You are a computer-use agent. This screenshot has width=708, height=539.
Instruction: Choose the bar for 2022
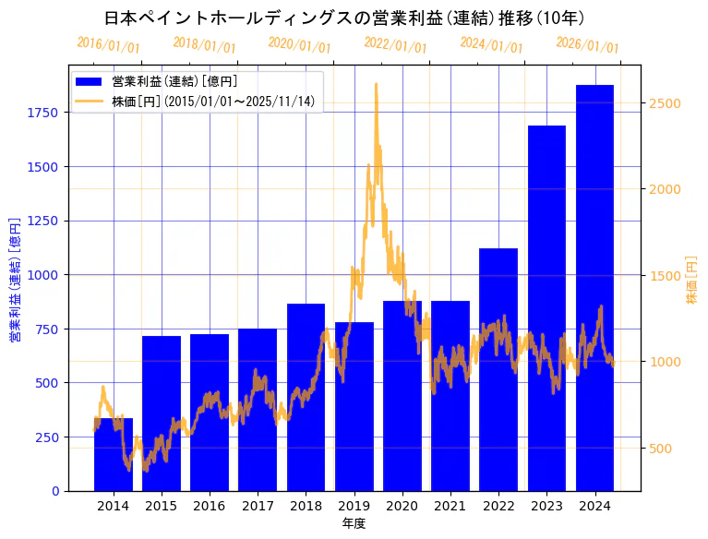tap(498, 369)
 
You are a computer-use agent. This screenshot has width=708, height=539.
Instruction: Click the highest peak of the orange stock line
tap(376, 84)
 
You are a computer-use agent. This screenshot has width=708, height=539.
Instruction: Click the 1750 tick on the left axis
tap(43, 113)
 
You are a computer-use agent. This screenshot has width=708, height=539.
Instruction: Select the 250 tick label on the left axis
tap(47, 437)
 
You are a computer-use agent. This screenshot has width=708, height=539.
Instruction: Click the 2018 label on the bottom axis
tap(306, 506)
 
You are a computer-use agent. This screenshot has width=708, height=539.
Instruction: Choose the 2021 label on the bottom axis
tap(450, 506)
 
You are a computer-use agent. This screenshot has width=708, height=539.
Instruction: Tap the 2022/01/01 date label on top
tap(395, 44)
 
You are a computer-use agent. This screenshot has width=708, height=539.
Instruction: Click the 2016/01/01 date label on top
tap(108, 44)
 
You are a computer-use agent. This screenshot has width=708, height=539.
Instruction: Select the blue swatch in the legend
tap(90, 82)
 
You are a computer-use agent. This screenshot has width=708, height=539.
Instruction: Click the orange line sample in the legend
tap(90, 101)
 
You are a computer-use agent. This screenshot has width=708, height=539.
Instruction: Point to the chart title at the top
tap(343, 18)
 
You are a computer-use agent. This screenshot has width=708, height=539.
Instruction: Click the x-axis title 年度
tap(354, 523)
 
